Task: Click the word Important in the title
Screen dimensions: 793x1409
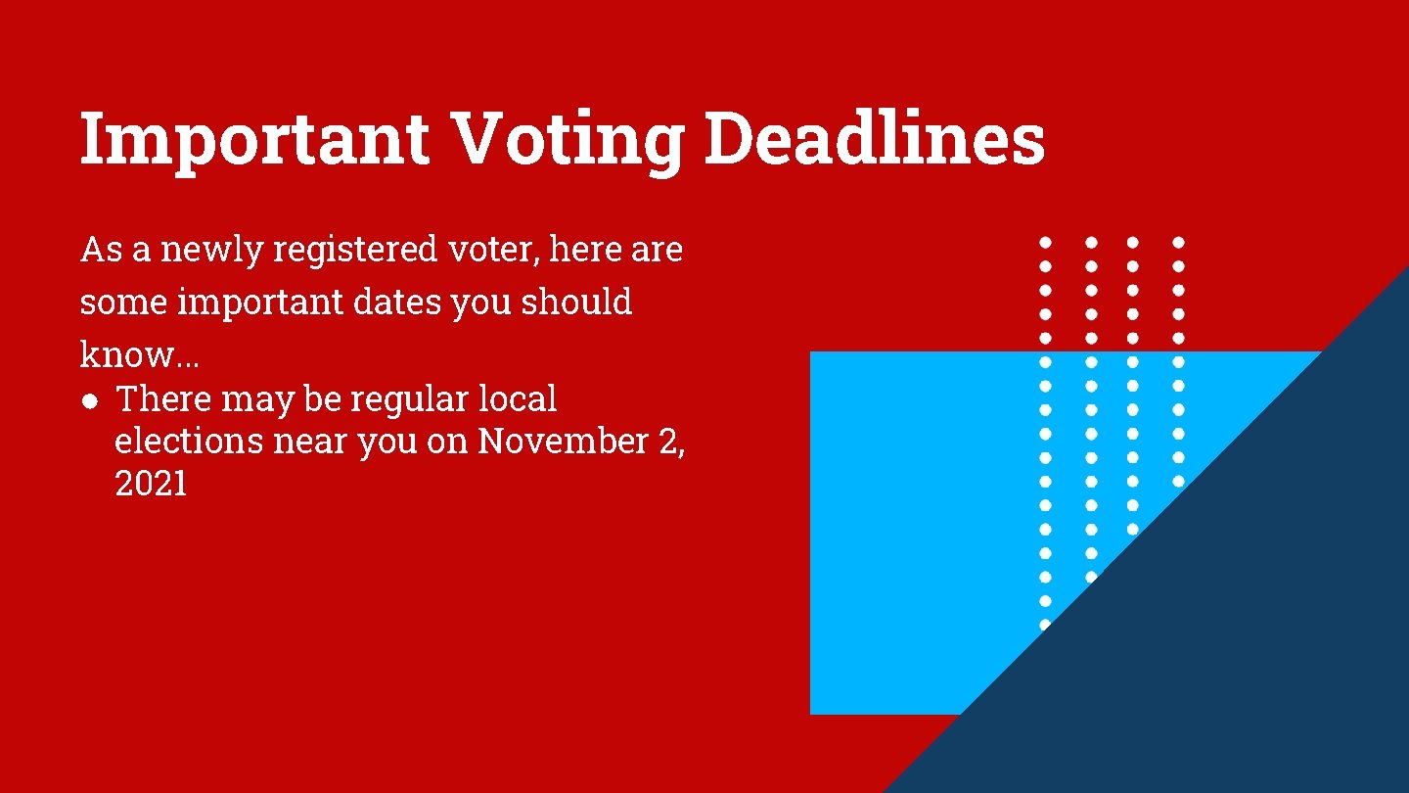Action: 254,139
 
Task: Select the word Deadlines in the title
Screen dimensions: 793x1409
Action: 875,139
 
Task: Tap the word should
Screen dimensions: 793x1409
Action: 576,303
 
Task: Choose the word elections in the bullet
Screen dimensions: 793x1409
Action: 189,442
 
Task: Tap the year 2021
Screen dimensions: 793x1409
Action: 151,484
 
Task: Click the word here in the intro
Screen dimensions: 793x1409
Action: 585,251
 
